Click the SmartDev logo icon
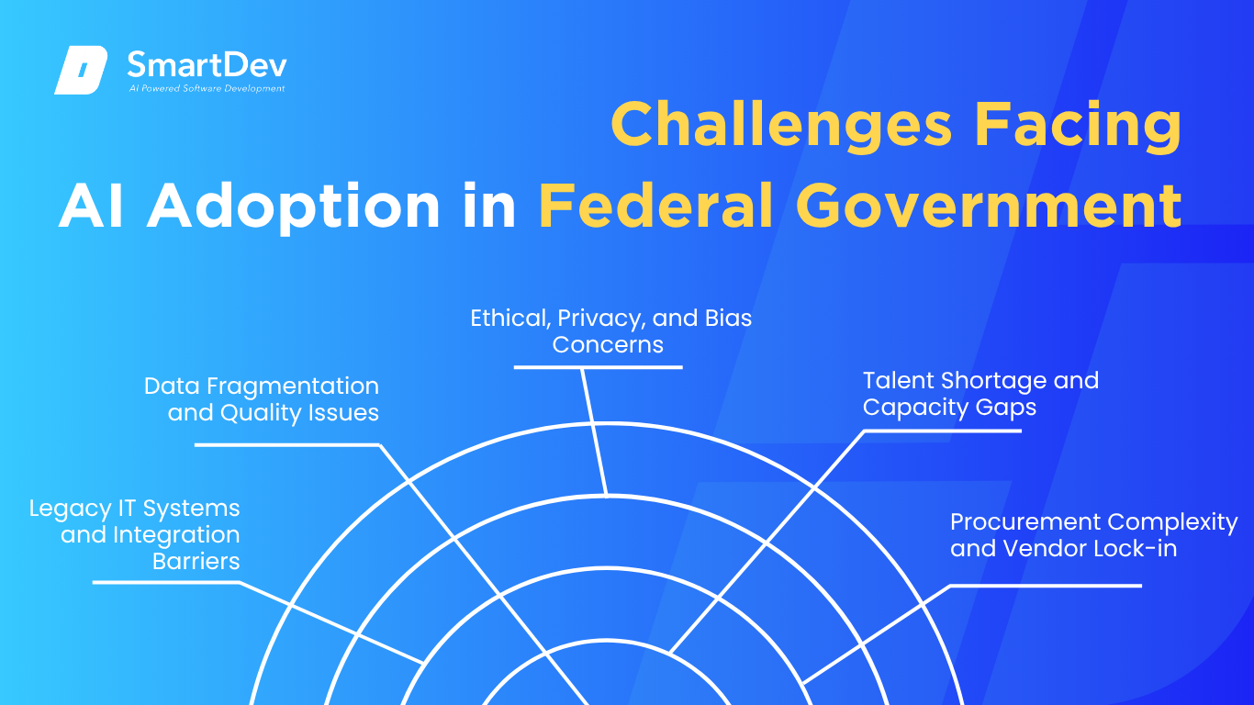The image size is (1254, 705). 81,70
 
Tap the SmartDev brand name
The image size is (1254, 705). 207,64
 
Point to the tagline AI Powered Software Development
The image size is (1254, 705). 207,88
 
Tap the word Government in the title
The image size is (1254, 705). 989,205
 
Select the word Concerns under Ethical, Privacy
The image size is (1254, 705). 608,344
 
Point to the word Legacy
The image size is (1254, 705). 70,509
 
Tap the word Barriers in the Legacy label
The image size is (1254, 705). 196,561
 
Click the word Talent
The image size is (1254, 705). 899,381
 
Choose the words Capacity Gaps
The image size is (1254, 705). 949,408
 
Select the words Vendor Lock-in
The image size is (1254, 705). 1090,549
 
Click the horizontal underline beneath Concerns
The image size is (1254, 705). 598,367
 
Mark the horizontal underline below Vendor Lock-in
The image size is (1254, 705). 1046,586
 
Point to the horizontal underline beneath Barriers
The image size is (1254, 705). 166,582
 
